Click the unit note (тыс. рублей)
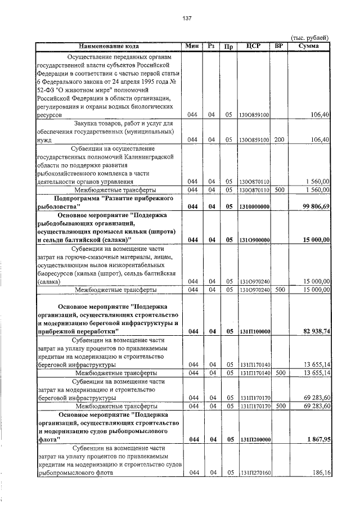click(308, 37)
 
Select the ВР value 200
click(278, 139)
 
